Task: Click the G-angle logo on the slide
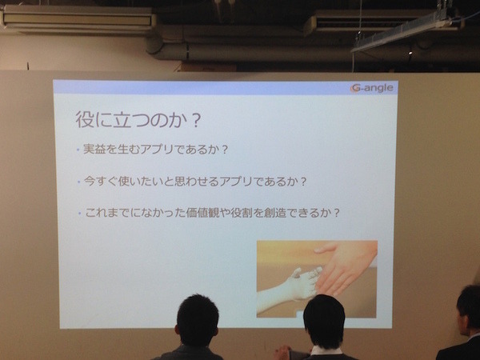pos(372,88)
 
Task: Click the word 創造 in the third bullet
pos(280,214)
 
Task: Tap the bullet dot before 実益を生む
pos(78,150)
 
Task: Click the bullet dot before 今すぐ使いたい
pos(78,182)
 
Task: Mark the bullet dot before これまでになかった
pos(78,214)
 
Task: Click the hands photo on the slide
pos(316,278)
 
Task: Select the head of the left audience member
pos(197,320)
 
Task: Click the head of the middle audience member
pos(324,321)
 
